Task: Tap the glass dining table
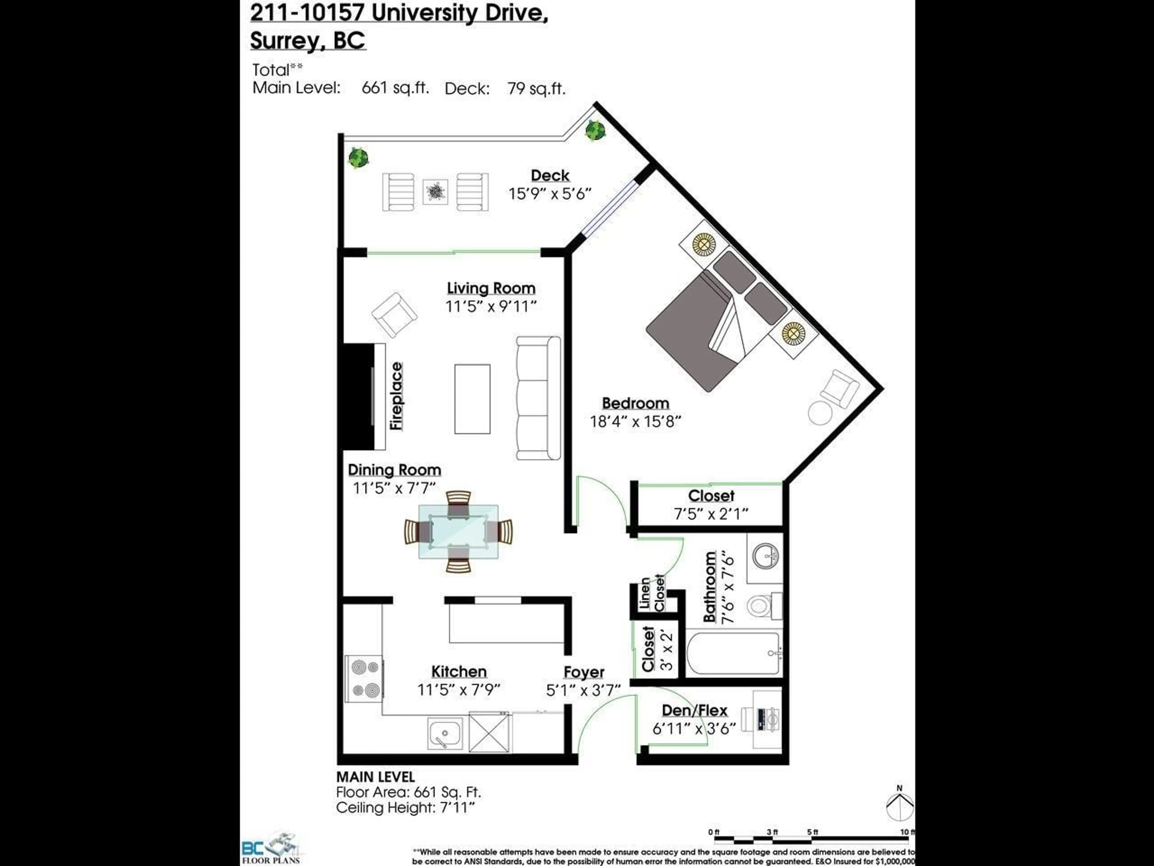(458, 531)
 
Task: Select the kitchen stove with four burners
(365, 679)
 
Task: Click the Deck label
(550, 175)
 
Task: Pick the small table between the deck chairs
(435, 192)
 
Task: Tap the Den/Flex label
(695, 711)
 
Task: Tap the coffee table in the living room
(472, 399)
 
